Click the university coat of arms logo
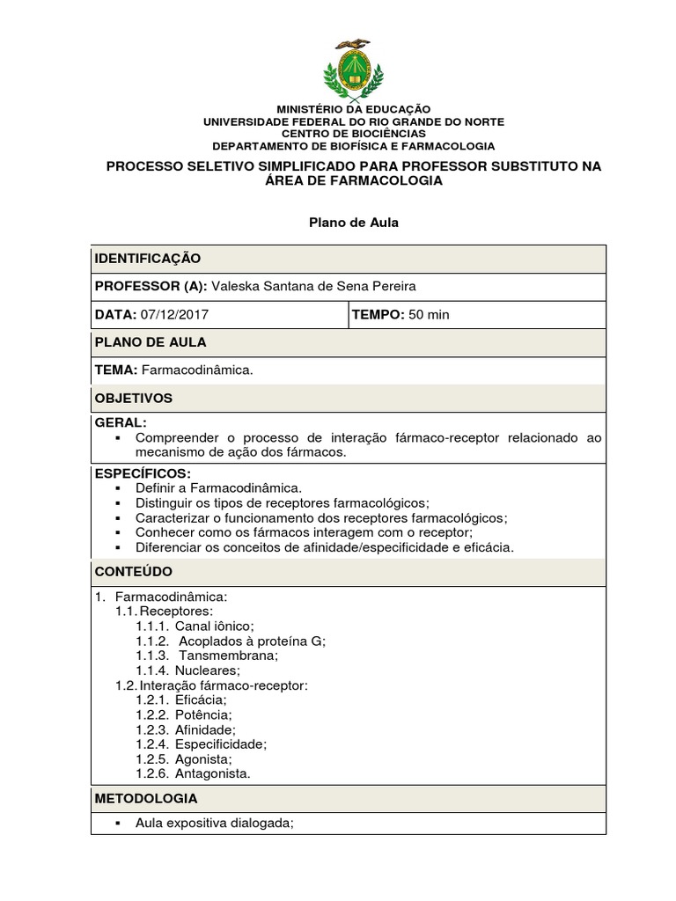pos(349,70)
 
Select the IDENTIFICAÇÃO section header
pos(148,259)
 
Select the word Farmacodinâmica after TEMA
pos(203,370)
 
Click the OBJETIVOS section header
pos(134,399)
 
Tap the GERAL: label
pos(121,423)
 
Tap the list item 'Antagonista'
pos(213,774)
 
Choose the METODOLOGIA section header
pos(146,799)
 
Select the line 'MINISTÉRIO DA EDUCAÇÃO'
pos(349,107)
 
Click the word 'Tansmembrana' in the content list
pos(228,656)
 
